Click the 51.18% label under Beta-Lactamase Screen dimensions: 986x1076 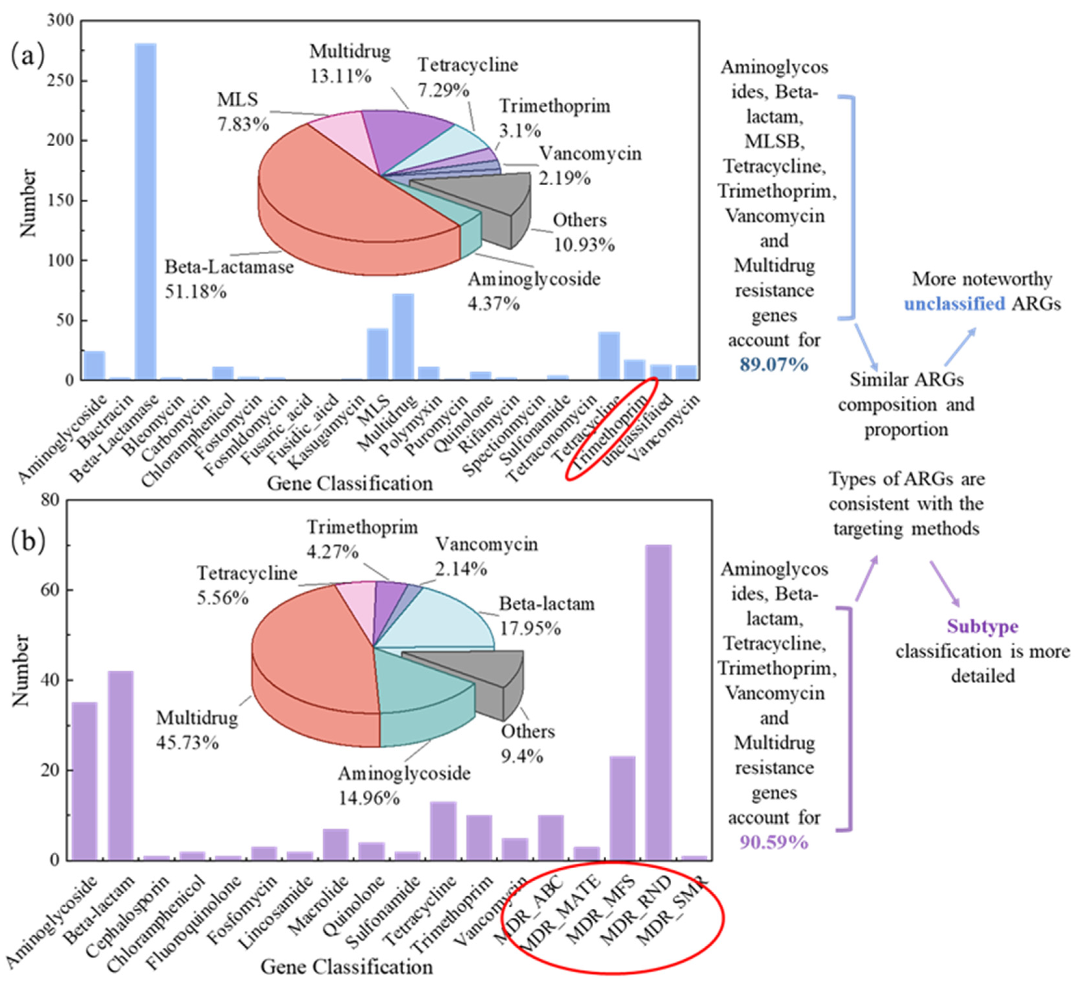pyautogui.click(x=195, y=292)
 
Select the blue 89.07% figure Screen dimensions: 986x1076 pyautogui.click(x=773, y=364)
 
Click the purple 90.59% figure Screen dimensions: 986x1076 pyautogui.click(x=773, y=843)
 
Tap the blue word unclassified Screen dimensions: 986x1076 pyautogui.click(x=954, y=304)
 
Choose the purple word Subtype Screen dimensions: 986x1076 pyautogui.click(x=983, y=626)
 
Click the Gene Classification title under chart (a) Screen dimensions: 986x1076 pyautogui.click(x=350, y=483)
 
